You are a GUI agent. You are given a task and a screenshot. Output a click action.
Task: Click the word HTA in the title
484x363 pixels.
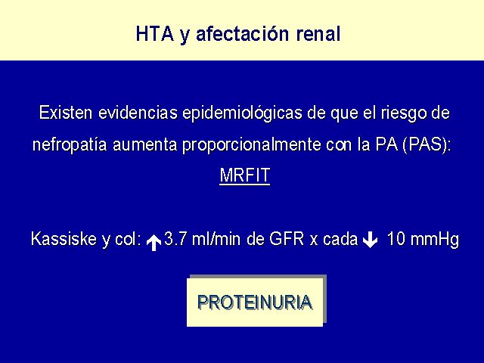click(x=154, y=33)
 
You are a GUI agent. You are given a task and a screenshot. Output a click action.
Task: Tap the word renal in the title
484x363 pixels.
click(x=318, y=33)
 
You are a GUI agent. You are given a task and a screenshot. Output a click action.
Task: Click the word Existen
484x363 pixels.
click(x=66, y=113)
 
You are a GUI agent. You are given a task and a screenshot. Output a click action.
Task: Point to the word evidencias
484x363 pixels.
click(x=138, y=113)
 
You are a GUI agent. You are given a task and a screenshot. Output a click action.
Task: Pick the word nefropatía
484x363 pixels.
click(x=70, y=144)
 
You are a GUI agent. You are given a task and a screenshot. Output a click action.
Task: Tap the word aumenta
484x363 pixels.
click(x=144, y=145)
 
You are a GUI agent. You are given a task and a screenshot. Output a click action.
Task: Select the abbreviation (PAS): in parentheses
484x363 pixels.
click(x=427, y=144)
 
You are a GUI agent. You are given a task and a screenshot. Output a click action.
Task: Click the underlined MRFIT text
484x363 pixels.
click(x=245, y=175)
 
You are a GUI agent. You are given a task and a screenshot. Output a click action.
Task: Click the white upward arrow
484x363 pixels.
click(x=154, y=243)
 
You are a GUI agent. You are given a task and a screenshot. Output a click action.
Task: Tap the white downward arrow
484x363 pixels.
click(x=370, y=240)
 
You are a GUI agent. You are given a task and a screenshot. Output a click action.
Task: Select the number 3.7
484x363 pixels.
click(x=175, y=239)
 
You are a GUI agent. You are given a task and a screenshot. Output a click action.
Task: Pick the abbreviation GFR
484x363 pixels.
click(x=287, y=239)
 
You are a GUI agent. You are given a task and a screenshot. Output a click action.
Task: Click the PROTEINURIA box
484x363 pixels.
click(x=255, y=302)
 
